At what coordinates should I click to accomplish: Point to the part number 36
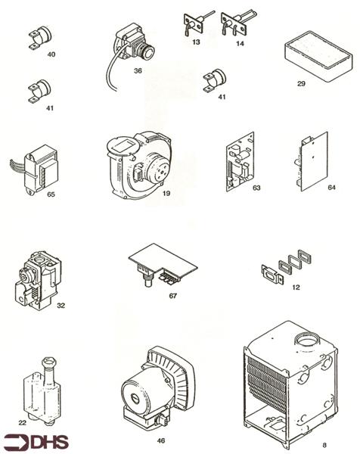point(138,70)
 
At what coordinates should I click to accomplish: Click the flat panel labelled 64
point(310,162)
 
